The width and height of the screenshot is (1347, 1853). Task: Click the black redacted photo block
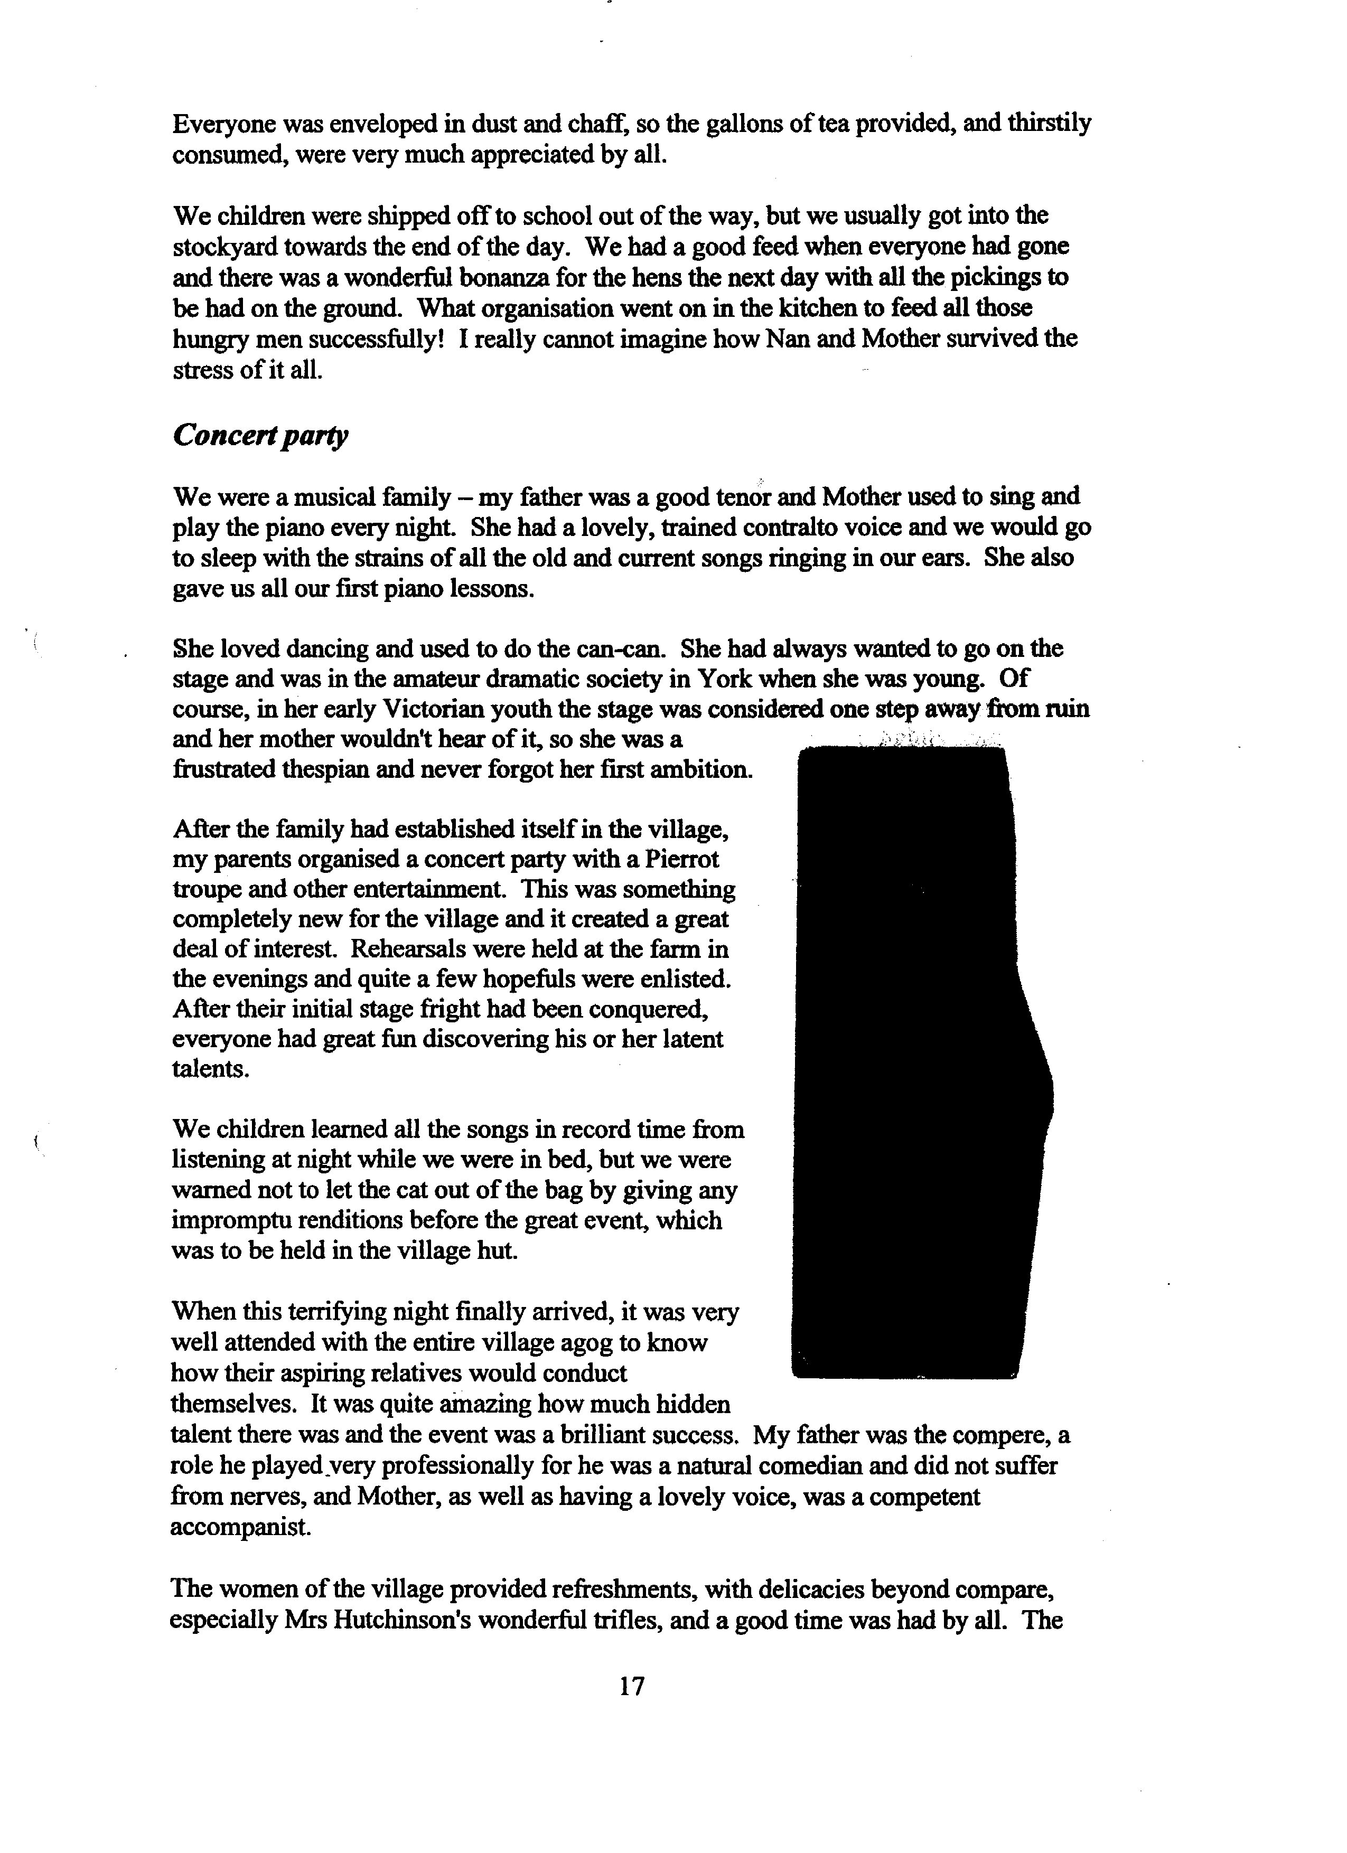coord(915,1062)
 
